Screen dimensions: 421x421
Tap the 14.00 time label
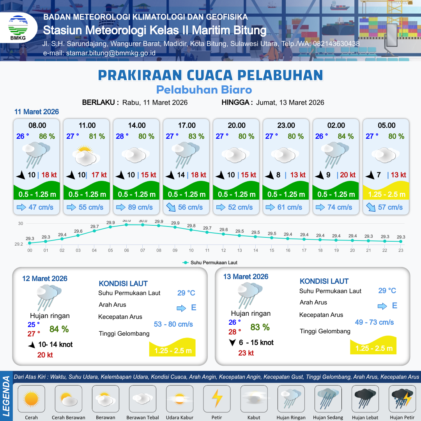[x=137, y=126]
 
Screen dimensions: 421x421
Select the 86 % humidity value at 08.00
[x=47, y=136]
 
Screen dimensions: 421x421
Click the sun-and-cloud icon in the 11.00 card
[x=85, y=155]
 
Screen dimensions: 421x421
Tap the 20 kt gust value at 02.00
[x=348, y=175]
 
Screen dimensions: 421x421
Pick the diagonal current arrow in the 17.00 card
[x=171, y=207]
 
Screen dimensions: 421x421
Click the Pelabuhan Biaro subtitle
[x=204, y=90]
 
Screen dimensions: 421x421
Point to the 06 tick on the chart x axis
[x=127, y=250]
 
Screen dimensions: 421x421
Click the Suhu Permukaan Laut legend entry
[x=210, y=263]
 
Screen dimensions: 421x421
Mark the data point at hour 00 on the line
[x=30, y=243]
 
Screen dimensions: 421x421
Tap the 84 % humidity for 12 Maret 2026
[x=59, y=329]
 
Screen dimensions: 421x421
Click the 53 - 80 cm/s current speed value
[x=173, y=324]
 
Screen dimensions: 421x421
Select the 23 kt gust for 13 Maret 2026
[x=246, y=353]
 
